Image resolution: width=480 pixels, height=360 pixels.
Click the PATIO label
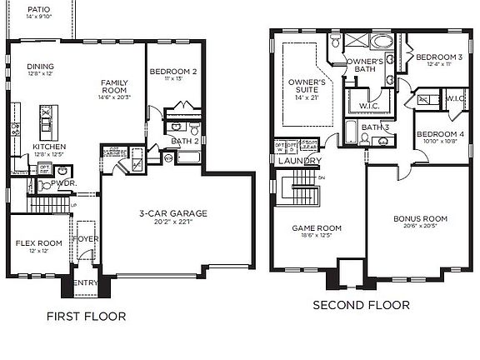[x=38, y=9]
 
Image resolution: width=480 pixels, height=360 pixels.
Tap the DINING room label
[x=40, y=67]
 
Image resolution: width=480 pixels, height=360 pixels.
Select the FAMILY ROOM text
[x=113, y=86]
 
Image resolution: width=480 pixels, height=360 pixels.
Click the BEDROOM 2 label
[x=173, y=72]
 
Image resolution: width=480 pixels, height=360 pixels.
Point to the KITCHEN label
[x=48, y=147]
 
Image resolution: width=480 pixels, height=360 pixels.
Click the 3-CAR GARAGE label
[x=172, y=213]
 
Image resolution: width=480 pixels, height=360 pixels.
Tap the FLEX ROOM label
[x=34, y=243]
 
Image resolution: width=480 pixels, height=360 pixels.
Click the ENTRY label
[x=87, y=283]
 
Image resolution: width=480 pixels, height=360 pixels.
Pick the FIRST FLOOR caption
[x=86, y=317]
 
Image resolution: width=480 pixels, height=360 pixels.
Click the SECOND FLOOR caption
[x=361, y=306]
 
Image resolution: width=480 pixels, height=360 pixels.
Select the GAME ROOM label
[x=316, y=227]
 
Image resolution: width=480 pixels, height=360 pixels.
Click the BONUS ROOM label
[x=420, y=219]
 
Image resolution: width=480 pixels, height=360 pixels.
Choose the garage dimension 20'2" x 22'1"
[x=172, y=222]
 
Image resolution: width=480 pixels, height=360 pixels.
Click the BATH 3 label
[x=375, y=127]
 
